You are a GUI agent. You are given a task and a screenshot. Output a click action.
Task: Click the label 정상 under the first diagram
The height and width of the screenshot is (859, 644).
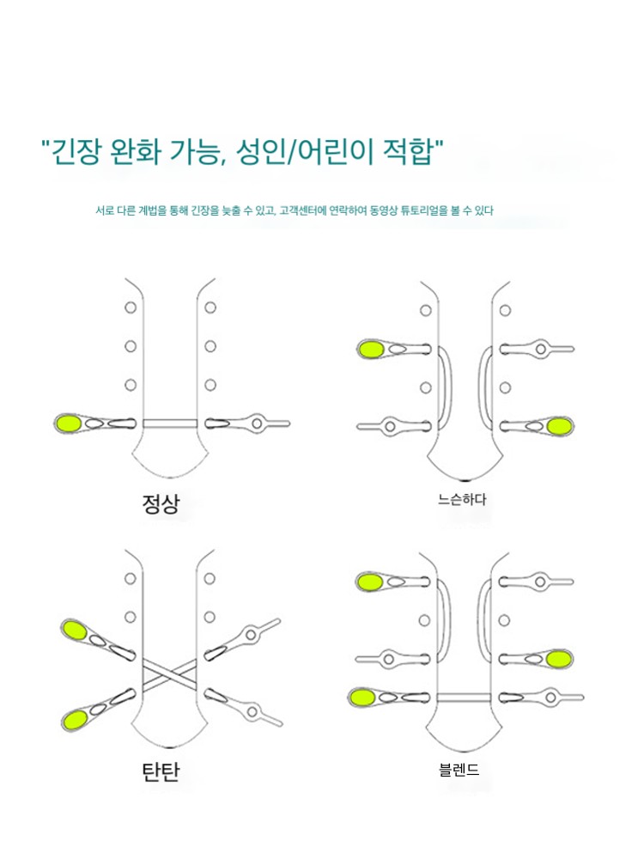[161, 503]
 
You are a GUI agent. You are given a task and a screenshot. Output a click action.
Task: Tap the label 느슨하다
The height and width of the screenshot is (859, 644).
[462, 499]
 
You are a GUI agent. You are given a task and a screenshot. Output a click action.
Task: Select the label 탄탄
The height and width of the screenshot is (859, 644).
[161, 771]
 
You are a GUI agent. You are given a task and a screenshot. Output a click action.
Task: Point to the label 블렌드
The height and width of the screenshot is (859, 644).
[459, 770]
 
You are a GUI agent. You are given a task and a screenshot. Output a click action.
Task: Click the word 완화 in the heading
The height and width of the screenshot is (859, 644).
[136, 152]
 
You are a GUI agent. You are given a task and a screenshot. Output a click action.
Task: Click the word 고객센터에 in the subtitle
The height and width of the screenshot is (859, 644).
[303, 210]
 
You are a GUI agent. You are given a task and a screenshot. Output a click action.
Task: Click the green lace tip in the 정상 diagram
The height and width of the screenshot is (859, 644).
[69, 423]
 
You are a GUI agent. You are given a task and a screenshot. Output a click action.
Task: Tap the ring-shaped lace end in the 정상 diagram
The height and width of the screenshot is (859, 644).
[257, 423]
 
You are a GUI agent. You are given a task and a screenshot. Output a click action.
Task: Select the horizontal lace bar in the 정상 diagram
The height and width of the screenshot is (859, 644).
[170, 423]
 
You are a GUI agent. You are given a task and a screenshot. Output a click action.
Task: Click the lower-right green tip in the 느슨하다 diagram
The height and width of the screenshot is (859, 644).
[560, 426]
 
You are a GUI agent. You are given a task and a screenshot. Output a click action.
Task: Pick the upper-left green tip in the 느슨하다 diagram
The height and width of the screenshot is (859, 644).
[371, 349]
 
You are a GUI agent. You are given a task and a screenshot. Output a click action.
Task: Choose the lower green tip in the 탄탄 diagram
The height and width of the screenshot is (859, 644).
[75, 720]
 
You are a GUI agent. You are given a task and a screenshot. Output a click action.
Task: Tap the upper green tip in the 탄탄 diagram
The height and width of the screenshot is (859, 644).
[75, 631]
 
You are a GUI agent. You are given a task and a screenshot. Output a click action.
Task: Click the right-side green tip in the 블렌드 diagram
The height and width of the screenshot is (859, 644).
[559, 659]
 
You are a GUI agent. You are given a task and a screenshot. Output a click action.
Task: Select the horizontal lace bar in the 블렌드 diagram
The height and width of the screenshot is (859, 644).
[464, 698]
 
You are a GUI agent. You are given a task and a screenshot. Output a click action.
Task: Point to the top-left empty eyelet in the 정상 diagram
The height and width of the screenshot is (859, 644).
[131, 308]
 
